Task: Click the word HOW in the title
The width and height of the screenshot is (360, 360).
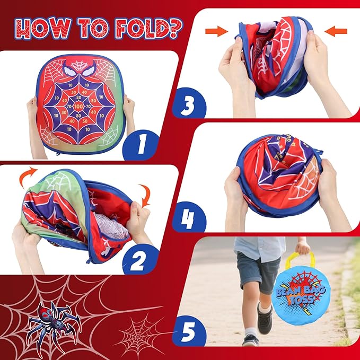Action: [x=42, y=29]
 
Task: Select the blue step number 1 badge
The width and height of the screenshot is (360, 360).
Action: [x=141, y=145]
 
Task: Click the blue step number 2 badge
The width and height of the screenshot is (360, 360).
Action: [x=141, y=259]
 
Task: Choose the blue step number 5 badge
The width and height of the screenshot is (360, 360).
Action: [x=189, y=331]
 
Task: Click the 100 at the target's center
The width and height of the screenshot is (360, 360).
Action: [x=78, y=106]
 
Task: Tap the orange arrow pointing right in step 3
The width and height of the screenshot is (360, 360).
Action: [x=216, y=31]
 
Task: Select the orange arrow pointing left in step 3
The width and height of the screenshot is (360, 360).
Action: [x=336, y=31]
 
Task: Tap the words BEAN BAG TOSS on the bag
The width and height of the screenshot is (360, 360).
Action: [x=300, y=295]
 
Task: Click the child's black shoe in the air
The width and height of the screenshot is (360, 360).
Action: [x=265, y=319]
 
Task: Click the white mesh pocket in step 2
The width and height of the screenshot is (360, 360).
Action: [x=111, y=225]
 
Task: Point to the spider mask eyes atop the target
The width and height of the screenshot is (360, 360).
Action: [x=79, y=69]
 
